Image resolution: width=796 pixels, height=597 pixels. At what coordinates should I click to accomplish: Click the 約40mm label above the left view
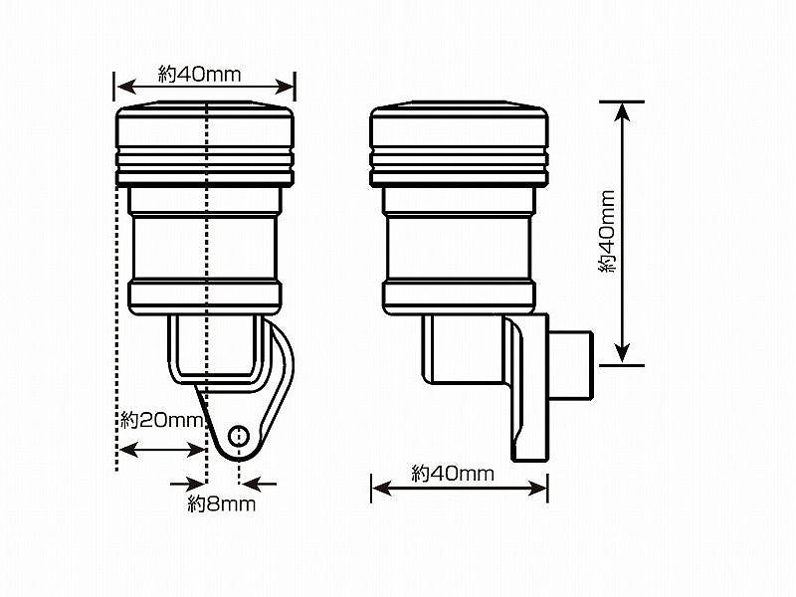click(x=200, y=75)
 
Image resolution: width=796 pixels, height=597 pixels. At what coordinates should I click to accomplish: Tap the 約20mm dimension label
click(x=162, y=420)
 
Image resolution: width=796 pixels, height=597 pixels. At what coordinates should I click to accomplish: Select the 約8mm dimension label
click(x=221, y=504)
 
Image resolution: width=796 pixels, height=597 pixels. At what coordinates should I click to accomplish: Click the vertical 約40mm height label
click(x=607, y=232)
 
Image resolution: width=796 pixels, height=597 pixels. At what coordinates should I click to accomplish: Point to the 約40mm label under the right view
click(x=453, y=474)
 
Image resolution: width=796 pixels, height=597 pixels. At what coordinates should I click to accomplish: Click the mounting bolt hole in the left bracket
click(x=239, y=435)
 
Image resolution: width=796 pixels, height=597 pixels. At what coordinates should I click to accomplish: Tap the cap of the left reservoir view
click(x=206, y=143)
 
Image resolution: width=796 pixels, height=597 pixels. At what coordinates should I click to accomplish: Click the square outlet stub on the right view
click(x=571, y=364)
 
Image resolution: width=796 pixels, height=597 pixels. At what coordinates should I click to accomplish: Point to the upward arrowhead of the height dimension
click(x=623, y=112)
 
